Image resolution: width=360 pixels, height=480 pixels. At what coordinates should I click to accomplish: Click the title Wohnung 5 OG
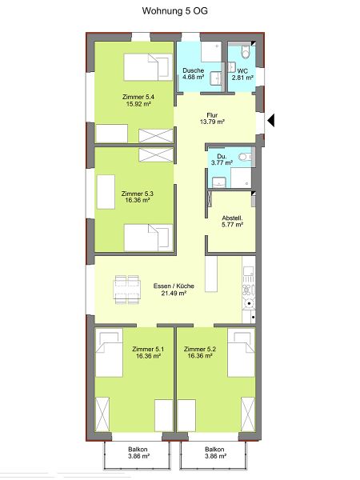point(174,11)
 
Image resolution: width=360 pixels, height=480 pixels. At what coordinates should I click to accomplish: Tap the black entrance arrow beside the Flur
point(271,120)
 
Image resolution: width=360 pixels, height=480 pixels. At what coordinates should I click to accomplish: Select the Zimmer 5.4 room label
point(138,97)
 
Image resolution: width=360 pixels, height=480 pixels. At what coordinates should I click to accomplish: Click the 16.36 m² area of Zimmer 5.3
point(137,201)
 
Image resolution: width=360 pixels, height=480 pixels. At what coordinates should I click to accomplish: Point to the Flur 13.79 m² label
point(212,118)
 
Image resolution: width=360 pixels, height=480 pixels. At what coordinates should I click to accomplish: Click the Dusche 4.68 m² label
point(193,74)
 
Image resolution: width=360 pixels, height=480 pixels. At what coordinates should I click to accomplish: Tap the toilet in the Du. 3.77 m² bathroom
point(244,157)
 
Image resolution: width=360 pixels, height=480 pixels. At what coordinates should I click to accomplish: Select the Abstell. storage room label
point(232,218)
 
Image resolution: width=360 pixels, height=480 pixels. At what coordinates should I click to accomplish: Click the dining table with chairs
point(127,290)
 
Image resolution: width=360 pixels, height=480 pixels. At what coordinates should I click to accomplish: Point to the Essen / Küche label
point(174,286)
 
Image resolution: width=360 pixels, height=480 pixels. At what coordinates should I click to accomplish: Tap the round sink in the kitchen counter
point(250,304)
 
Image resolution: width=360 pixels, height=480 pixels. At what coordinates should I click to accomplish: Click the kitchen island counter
point(211,274)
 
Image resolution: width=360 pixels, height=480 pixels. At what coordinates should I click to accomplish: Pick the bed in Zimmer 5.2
point(242,352)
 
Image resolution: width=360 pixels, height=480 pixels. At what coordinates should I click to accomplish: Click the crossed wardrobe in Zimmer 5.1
point(102,414)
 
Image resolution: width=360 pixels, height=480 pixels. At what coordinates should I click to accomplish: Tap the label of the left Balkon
point(138,450)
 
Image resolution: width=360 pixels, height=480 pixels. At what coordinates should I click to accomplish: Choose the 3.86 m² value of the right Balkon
point(215,457)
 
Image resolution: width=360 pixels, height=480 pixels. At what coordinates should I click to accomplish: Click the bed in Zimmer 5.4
point(148,67)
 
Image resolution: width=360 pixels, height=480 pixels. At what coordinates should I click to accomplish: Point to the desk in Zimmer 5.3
point(106,192)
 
